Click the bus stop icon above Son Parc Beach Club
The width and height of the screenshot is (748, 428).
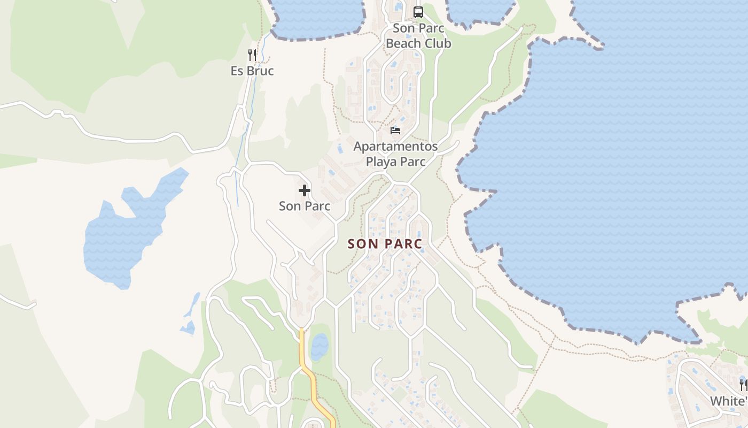[418, 12]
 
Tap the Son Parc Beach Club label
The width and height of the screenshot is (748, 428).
[418, 36]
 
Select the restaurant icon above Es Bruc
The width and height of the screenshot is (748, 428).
[252, 55]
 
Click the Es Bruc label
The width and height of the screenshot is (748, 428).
[252, 71]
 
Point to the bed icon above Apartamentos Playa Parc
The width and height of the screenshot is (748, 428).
[395, 130]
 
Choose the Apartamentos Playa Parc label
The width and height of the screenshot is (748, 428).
[395, 154]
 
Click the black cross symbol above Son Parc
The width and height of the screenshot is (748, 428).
[305, 190]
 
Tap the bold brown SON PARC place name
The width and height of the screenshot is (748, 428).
[385, 244]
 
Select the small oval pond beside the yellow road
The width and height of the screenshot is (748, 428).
[320, 347]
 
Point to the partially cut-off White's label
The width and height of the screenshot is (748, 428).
[728, 401]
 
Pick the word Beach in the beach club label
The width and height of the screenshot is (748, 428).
[404, 43]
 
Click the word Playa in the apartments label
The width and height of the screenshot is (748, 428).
[383, 162]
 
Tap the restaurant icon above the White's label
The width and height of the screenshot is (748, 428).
[743, 384]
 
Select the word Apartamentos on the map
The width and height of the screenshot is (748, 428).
[395, 146]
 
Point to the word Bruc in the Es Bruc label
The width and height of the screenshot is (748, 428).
[260, 71]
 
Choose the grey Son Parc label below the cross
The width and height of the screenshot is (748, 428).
[305, 206]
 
